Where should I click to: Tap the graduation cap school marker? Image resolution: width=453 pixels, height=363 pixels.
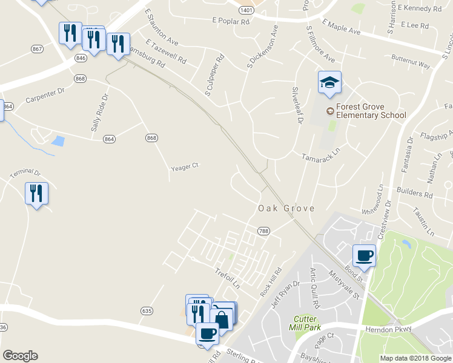(x=329, y=82)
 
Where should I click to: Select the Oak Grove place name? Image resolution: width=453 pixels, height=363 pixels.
(x=286, y=208)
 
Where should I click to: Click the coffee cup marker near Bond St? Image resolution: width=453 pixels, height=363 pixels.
(x=364, y=255)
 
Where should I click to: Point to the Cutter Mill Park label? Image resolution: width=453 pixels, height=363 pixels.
(x=306, y=323)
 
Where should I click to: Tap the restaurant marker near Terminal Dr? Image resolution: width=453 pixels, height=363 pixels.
(x=36, y=194)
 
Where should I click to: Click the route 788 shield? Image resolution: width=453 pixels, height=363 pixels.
(x=263, y=231)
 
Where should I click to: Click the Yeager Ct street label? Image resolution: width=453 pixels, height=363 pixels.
(x=185, y=166)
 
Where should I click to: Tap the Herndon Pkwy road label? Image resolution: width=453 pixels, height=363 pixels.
(x=388, y=329)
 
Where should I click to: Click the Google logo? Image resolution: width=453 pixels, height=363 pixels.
(x=20, y=356)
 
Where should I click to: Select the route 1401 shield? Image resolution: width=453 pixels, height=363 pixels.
(x=246, y=10)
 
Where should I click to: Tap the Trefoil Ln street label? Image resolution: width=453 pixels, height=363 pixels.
(x=228, y=278)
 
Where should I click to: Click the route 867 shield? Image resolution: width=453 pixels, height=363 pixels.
(x=38, y=48)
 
